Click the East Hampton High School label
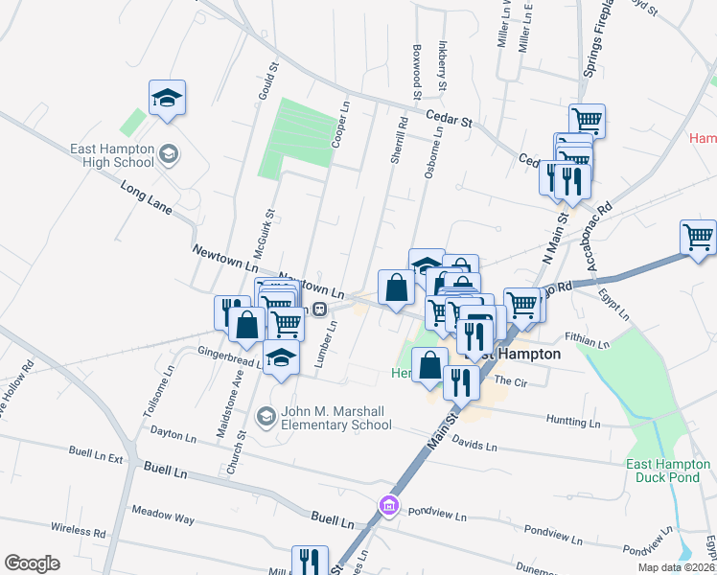pos(112,155)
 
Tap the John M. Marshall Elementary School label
pos(335,418)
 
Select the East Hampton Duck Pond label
pos(668,471)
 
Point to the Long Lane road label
pos(145,198)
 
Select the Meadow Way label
pos(163,518)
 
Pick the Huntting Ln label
pos(573,422)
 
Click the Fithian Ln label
pos(588,340)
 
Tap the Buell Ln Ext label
pos(96,453)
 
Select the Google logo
pos(32,563)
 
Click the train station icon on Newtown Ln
pos(319,310)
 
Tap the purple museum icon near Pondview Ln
pos(387,505)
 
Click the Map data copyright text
pos(677,567)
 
